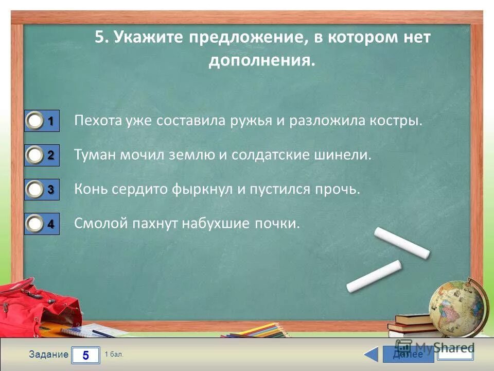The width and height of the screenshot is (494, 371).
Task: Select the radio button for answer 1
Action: click(x=35, y=122)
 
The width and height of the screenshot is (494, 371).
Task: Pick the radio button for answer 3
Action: click(x=35, y=190)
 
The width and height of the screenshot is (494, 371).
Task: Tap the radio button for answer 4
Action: click(x=35, y=224)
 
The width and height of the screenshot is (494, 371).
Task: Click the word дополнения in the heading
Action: click(x=260, y=61)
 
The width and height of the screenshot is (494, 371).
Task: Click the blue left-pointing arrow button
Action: click(x=372, y=355)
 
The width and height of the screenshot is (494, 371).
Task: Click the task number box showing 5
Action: click(x=85, y=355)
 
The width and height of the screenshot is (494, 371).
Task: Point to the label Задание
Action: click(x=48, y=355)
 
